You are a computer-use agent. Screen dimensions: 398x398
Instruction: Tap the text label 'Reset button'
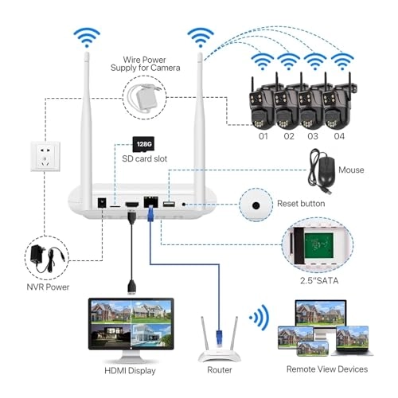coord(301,205)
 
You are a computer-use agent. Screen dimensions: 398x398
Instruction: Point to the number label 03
coord(314,135)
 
